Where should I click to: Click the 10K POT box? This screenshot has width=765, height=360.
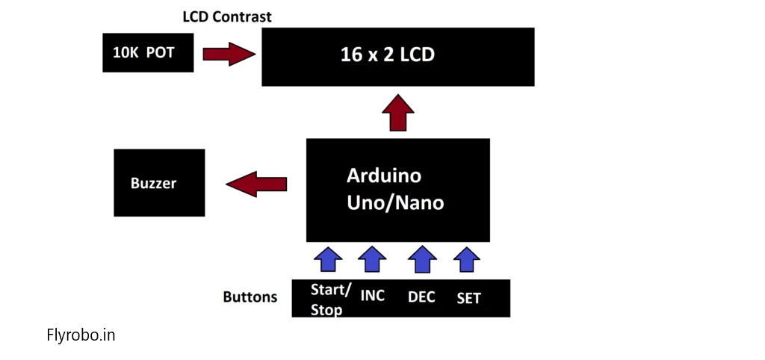pos(148,53)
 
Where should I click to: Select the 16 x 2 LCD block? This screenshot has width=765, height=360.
pos(398,57)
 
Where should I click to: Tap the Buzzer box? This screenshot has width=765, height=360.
pos(159,183)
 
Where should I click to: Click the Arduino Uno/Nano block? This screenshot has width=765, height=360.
pos(398,190)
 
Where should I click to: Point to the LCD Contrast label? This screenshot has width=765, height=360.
pos(227,17)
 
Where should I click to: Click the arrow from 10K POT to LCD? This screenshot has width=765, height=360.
pos(229,54)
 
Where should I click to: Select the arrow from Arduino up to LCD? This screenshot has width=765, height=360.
pos(398,113)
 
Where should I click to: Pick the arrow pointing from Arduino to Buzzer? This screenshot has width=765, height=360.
pos(256,184)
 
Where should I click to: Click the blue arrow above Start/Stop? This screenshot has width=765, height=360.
pos(329,259)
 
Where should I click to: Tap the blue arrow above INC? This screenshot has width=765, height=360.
pos(372,259)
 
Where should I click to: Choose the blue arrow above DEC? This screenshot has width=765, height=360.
pos(422,259)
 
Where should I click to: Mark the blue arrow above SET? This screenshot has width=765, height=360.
pos(467,259)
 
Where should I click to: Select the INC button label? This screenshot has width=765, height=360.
pos(372,295)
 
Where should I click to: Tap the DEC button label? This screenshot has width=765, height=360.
pos(421,297)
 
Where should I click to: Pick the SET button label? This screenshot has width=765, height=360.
pos(469,298)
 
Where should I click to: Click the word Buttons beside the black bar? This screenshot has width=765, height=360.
pos(250,297)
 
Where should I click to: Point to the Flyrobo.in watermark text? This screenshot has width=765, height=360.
pos(81,335)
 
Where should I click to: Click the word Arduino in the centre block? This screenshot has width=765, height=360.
pos(384,176)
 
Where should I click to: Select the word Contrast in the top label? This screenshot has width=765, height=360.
pos(241,17)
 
